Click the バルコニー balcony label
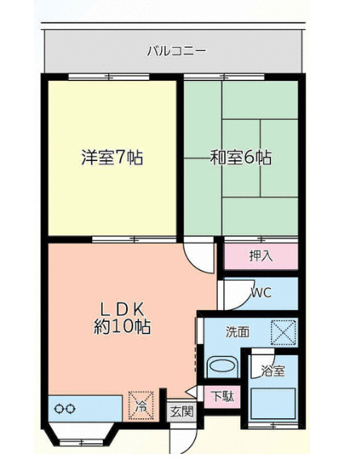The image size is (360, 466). tap(176, 51)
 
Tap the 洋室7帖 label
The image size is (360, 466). tap(112, 158)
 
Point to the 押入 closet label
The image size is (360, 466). tap(260, 256)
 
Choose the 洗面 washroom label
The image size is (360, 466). tap(237, 332)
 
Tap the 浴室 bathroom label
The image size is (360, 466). tap(272, 371)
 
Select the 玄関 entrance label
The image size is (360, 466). tap(181, 411)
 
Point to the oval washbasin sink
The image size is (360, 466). tap(222, 366)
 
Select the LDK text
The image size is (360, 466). tap(121, 308)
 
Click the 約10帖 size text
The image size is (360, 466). tap(121, 328)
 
